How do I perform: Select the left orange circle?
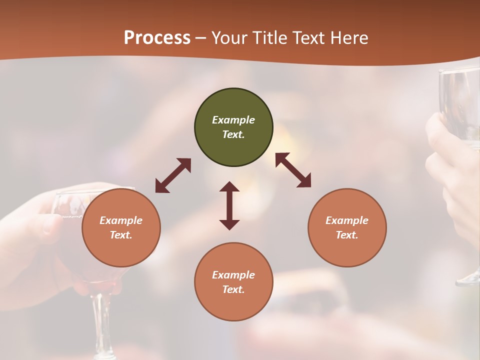(x=121, y=227)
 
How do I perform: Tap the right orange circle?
(x=347, y=227)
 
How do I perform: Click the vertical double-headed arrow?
(x=229, y=205)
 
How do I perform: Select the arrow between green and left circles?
(x=173, y=175)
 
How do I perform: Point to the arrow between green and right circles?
(x=293, y=170)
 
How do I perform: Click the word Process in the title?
(x=157, y=37)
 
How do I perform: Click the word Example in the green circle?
(x=233, y=120)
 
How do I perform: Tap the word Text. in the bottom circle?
(x=233, y=289)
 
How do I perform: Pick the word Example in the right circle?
(x=347, y=220)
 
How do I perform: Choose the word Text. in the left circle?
(x=121, y=235)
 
